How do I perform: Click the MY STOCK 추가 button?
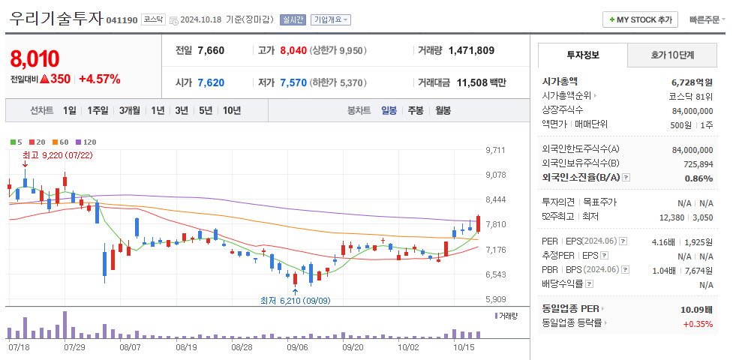tap(641, 19)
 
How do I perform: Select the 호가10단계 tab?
tap(671, 55)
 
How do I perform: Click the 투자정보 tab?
tap(583, 55)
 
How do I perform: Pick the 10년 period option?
tap(232, 110)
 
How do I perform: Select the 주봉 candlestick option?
tap(415, 110)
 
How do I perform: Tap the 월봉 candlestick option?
tap(443, 110)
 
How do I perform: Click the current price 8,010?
tap(35, 58)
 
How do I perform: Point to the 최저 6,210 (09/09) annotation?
tap(295, 300)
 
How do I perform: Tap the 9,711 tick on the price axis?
tap(496, 150)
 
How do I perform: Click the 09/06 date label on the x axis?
tap(297, 347)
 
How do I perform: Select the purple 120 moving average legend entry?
tap(86, 142)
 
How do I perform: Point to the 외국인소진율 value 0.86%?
tap(698, 178)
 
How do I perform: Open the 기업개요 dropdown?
tap(331, 20)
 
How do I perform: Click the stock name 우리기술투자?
tap(56, 19)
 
